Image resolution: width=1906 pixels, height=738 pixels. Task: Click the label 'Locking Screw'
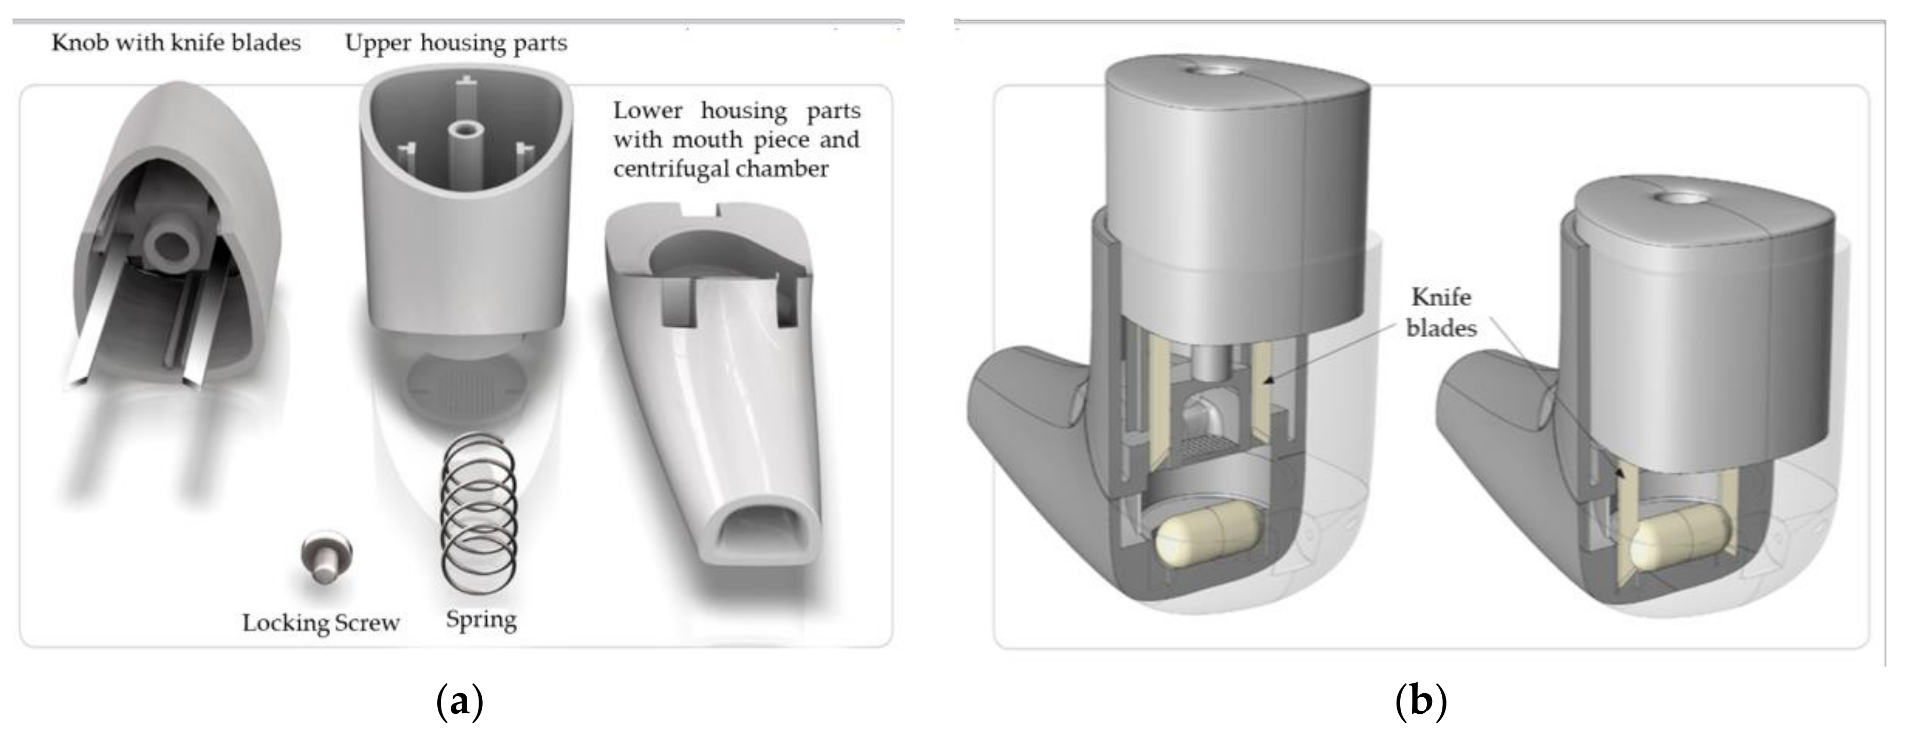coord(320,623)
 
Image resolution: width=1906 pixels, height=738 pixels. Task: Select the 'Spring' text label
coord(481,619)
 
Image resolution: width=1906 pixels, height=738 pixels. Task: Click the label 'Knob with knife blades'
coord(176,42)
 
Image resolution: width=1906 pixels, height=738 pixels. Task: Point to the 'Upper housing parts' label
coord(456,42)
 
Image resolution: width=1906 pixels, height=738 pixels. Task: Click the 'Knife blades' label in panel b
coord(1441,312)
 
